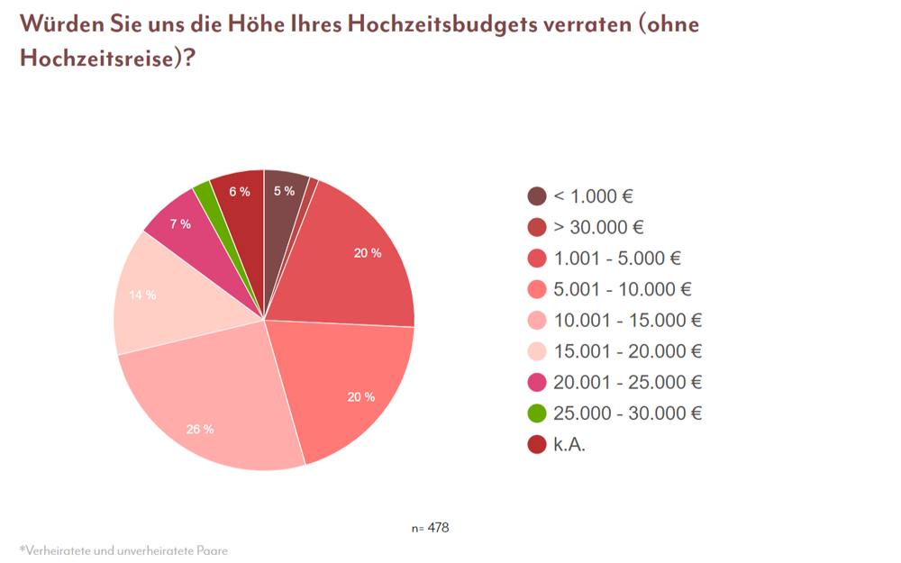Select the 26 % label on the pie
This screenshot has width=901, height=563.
[200, 429]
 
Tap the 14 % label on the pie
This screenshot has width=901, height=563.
[142, 295]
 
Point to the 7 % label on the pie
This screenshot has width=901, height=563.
[180, 223]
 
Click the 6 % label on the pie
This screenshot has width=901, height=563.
[240, 191]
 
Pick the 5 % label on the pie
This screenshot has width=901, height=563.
[284, 190]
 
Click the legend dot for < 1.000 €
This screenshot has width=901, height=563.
[537, 196]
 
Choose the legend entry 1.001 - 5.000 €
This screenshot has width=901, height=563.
[616, 259]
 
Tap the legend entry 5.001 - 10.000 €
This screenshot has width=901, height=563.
[622, 289]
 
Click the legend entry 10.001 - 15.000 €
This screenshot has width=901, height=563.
[627, 321]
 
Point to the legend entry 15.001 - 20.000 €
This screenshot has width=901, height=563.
[627, 351]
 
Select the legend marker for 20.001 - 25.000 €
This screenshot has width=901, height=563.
[537, 383]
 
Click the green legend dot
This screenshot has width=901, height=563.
[537, 413]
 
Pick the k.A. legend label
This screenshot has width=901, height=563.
[569, 444]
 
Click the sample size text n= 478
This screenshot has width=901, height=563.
[430, 528]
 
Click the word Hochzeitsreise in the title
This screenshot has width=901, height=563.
[96, 59]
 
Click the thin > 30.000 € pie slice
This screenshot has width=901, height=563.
[312, 186]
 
